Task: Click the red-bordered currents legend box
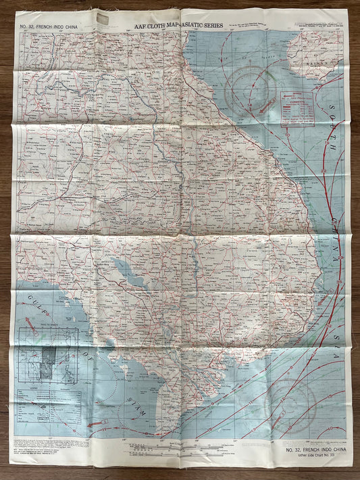[x=298, y=108]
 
